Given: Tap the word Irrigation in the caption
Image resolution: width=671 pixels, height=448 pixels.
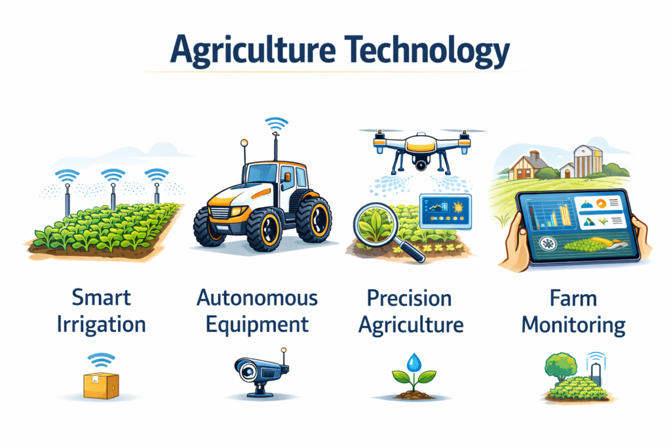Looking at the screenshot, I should (101, 324).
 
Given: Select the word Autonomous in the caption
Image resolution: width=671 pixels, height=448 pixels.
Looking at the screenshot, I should (257, 298).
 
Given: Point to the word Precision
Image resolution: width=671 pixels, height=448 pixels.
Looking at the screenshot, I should (409, 298).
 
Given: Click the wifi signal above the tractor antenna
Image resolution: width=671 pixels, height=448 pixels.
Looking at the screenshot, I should (277, 123).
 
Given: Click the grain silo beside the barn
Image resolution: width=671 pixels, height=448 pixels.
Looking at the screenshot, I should (585, 160).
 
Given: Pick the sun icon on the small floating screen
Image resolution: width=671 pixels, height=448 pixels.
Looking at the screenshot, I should (457, 209).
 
